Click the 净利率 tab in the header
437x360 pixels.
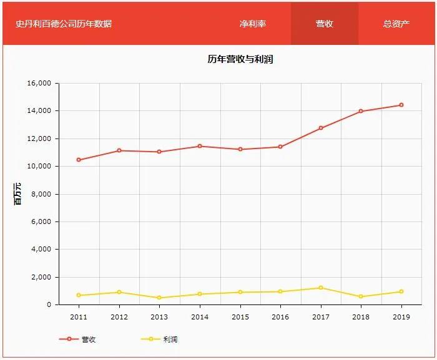253,24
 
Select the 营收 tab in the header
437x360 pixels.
325,24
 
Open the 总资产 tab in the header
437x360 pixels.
396,24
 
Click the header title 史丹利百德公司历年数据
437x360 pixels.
64,24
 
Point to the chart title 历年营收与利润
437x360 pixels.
240,59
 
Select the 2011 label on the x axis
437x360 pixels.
79,317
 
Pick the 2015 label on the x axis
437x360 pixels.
240,317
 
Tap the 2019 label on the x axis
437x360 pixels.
401,317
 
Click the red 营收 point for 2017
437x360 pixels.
321,128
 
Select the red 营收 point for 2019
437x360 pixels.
401,105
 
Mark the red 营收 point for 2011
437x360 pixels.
79,160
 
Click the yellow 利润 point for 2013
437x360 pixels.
159,298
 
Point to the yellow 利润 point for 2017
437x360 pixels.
321,288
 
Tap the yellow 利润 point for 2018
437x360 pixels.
361,296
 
